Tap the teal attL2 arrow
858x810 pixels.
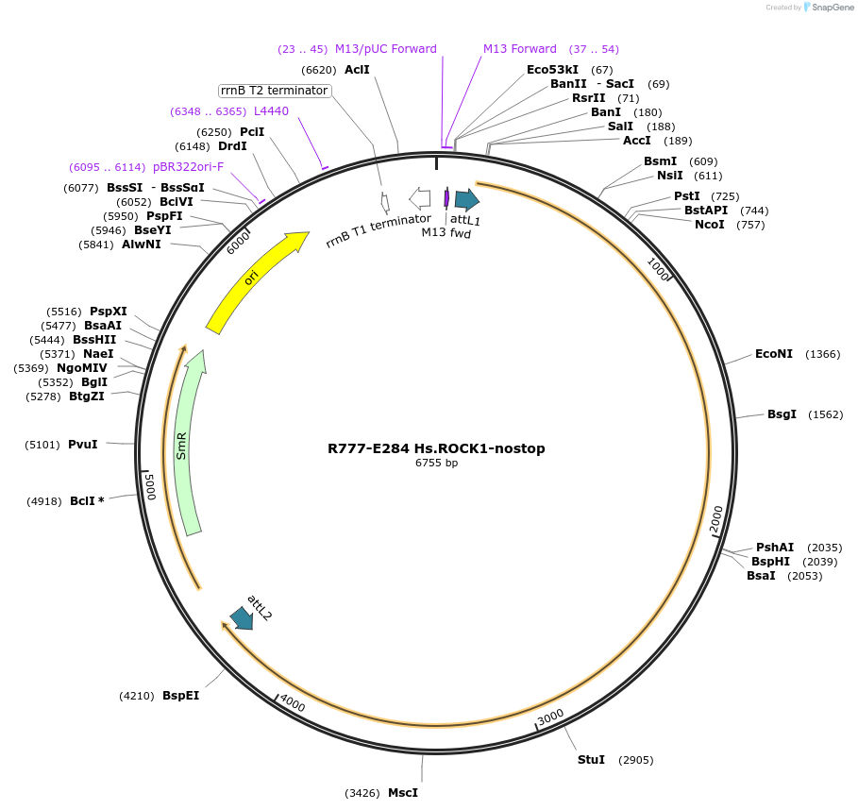point(241,618)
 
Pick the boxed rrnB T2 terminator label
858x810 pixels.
point(274,91)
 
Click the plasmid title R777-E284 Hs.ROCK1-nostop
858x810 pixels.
point(436,448)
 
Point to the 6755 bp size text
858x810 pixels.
point(436,464)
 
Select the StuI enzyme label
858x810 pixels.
point(591,760)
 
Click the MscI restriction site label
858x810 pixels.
point(403,793)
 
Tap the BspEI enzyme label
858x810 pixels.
point(180,696)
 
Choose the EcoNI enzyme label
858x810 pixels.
point(774,354)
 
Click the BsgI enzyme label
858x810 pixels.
point(782,414)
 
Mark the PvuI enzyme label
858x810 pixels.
point(83,444)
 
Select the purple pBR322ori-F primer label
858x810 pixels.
point(188,167)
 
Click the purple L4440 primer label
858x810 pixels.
point(271,111)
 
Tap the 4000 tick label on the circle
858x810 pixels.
point(293,704)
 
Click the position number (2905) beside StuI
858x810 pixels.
point(635,760)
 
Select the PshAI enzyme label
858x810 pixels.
point(775,548)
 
